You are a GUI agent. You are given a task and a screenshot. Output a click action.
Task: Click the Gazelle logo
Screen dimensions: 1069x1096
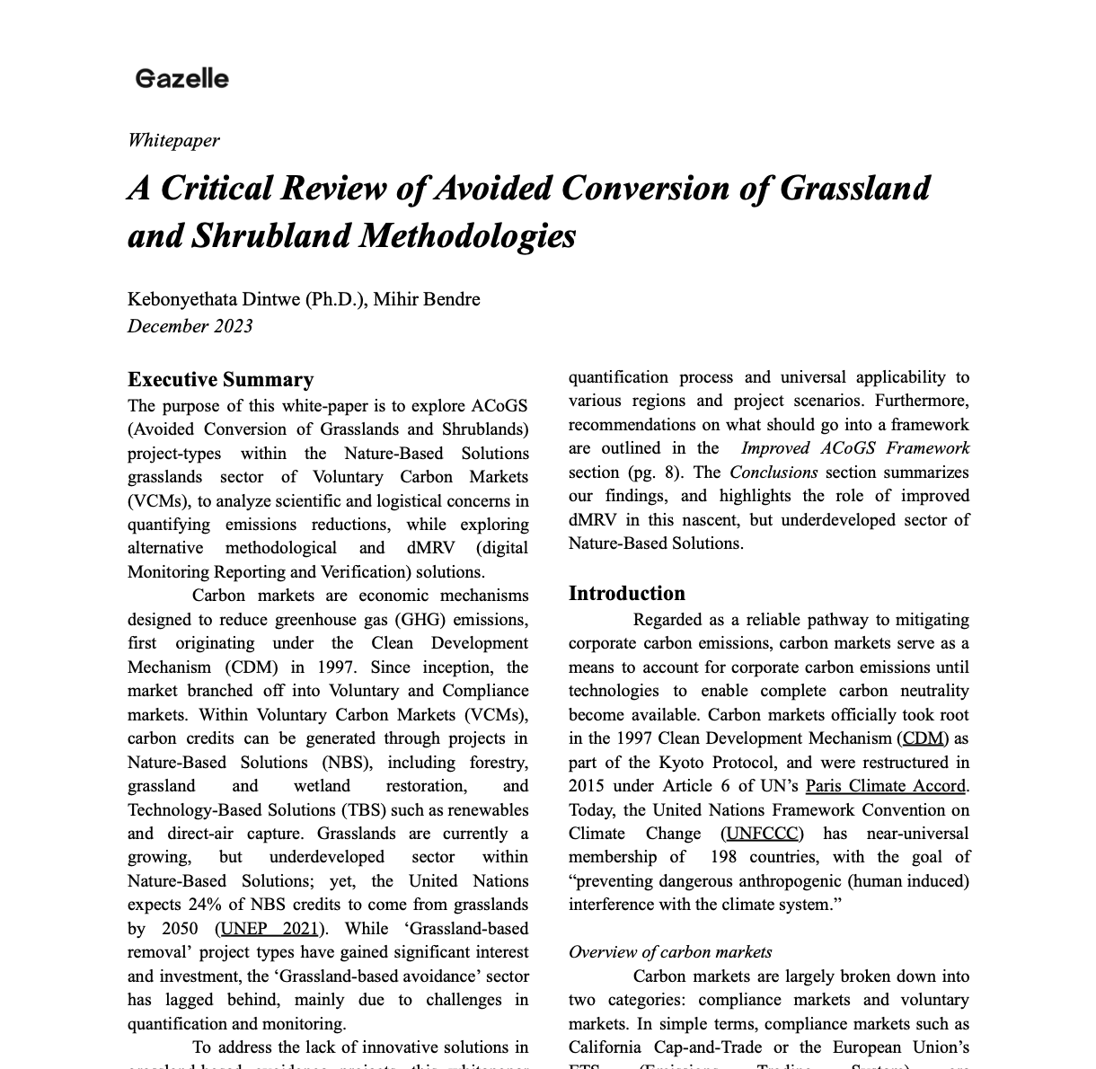click(182, 79)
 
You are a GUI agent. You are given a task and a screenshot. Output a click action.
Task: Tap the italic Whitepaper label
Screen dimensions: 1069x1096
click(173, 140)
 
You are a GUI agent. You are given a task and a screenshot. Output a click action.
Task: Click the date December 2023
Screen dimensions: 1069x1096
click(190, 326)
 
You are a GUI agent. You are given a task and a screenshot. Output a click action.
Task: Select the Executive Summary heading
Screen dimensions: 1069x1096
click(220, 379)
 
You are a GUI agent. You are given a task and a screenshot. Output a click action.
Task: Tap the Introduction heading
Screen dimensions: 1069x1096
click(626, 593)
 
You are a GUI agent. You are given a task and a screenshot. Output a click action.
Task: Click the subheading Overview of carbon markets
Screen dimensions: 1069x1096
click(670, 952)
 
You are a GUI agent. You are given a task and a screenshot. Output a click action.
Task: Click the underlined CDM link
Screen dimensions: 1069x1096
click(923, 738)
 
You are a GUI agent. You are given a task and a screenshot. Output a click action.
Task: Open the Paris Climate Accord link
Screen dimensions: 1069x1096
click(886, 786)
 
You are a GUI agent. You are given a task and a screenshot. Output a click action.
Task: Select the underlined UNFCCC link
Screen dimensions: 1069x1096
click(762, 834)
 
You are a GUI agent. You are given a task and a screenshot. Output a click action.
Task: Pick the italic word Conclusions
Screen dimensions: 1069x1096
click(773, 472)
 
